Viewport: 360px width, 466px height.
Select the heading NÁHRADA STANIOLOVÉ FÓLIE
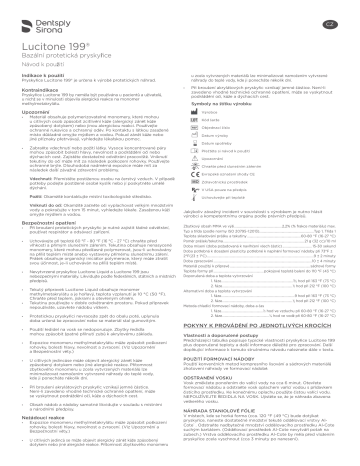coord(231,413)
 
